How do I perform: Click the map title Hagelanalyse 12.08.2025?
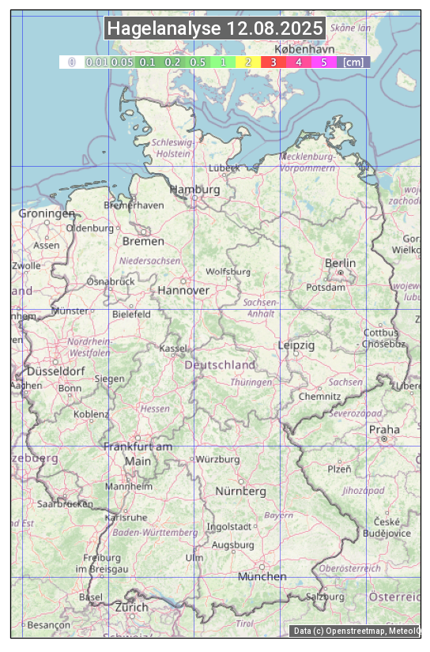pyautogui.click(x=215, y=28)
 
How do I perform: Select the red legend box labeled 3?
pyautogui.click(x=273, y=62)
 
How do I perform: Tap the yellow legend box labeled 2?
pyautogui.click(x=247, y=62)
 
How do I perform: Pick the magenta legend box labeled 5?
pyautogui.click(x=323, y=62)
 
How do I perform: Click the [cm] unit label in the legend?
pyautogui.click(x=353, y=62)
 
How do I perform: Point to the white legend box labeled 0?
pyautogui.click(x=71, y=62)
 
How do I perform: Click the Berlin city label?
pyautogui.click(x=340, y=263)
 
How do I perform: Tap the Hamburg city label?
pyautogui.click(x=194, y=190)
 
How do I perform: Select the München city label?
pyautogui.click(x=262, y=576)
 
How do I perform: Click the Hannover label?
pyautogui.click(x=183, y=290)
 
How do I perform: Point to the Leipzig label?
pyautogui.click(x=296, y=345)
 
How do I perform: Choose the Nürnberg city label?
pyautogui.click(x=241, y=491)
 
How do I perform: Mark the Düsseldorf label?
pyautogui.click(x=56, y=371)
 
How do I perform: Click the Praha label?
pyautogui.click(x=384, y=430)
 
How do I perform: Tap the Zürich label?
pyautogui.click(x=131, y=607)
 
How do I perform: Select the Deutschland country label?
pyautogui.click(x=220, y=365)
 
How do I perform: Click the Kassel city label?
pyautogui.click(x=172, y=348)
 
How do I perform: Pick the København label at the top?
pyautogui.click(x=304, y=48)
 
